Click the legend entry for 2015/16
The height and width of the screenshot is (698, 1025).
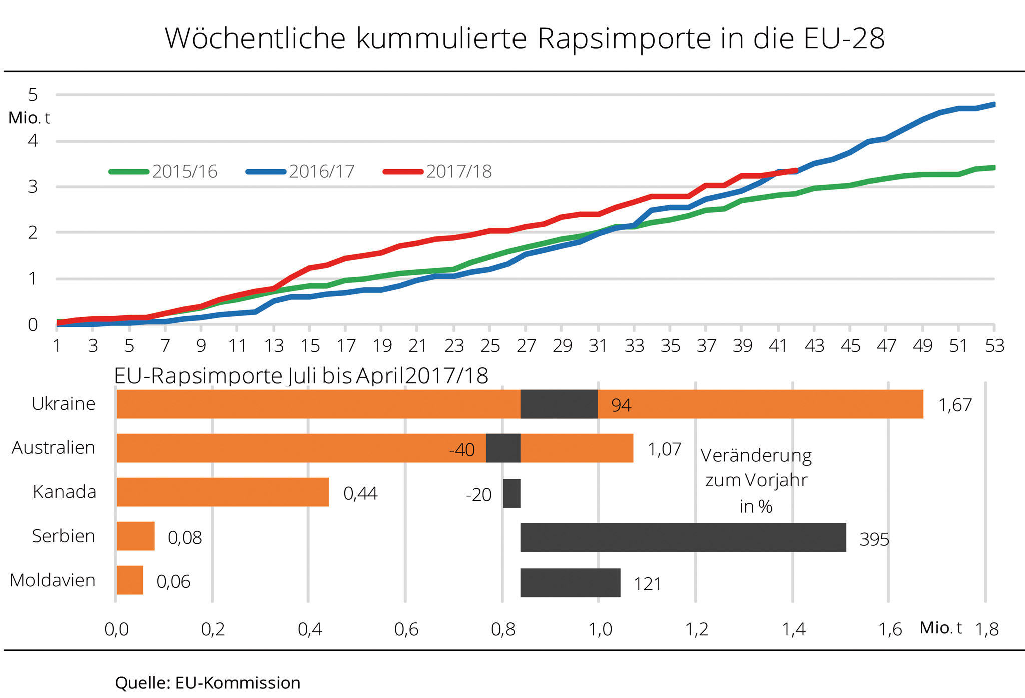click(x=163, y=172)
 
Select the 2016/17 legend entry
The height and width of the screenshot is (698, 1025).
click(x=300, y=172)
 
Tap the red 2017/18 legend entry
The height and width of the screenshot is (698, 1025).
click(x=437, y=172)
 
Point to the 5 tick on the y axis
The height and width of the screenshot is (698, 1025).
click(x=33, y=94)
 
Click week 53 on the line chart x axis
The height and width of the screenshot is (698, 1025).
click(x=994, y=346)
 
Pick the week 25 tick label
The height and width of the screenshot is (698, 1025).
click(x=490, y=346)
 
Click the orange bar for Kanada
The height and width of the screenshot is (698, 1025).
click(x=222, y=492)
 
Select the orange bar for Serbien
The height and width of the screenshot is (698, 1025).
click(x=135, y=536)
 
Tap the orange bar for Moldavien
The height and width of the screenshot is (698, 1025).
click(x=130, y=580)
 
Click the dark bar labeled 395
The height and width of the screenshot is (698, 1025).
click(x=683, y=538)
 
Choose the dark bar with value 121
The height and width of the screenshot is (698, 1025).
click(x=570, y=583)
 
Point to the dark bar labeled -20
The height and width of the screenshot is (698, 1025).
click(x=511, y=494)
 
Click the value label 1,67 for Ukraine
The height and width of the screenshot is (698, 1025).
click(x=955, y=405)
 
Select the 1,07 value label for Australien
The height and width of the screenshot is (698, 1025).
click(x=664, y=449)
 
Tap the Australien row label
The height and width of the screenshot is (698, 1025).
click(x=53, y=448)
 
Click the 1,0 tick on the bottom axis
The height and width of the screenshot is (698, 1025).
click(x=600, y=629)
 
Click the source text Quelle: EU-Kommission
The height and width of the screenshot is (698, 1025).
click(x=207, y=683)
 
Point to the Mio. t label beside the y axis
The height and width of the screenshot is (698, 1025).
click(x=29, y=118)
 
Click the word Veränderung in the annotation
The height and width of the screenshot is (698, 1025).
click(x=756, y=456)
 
